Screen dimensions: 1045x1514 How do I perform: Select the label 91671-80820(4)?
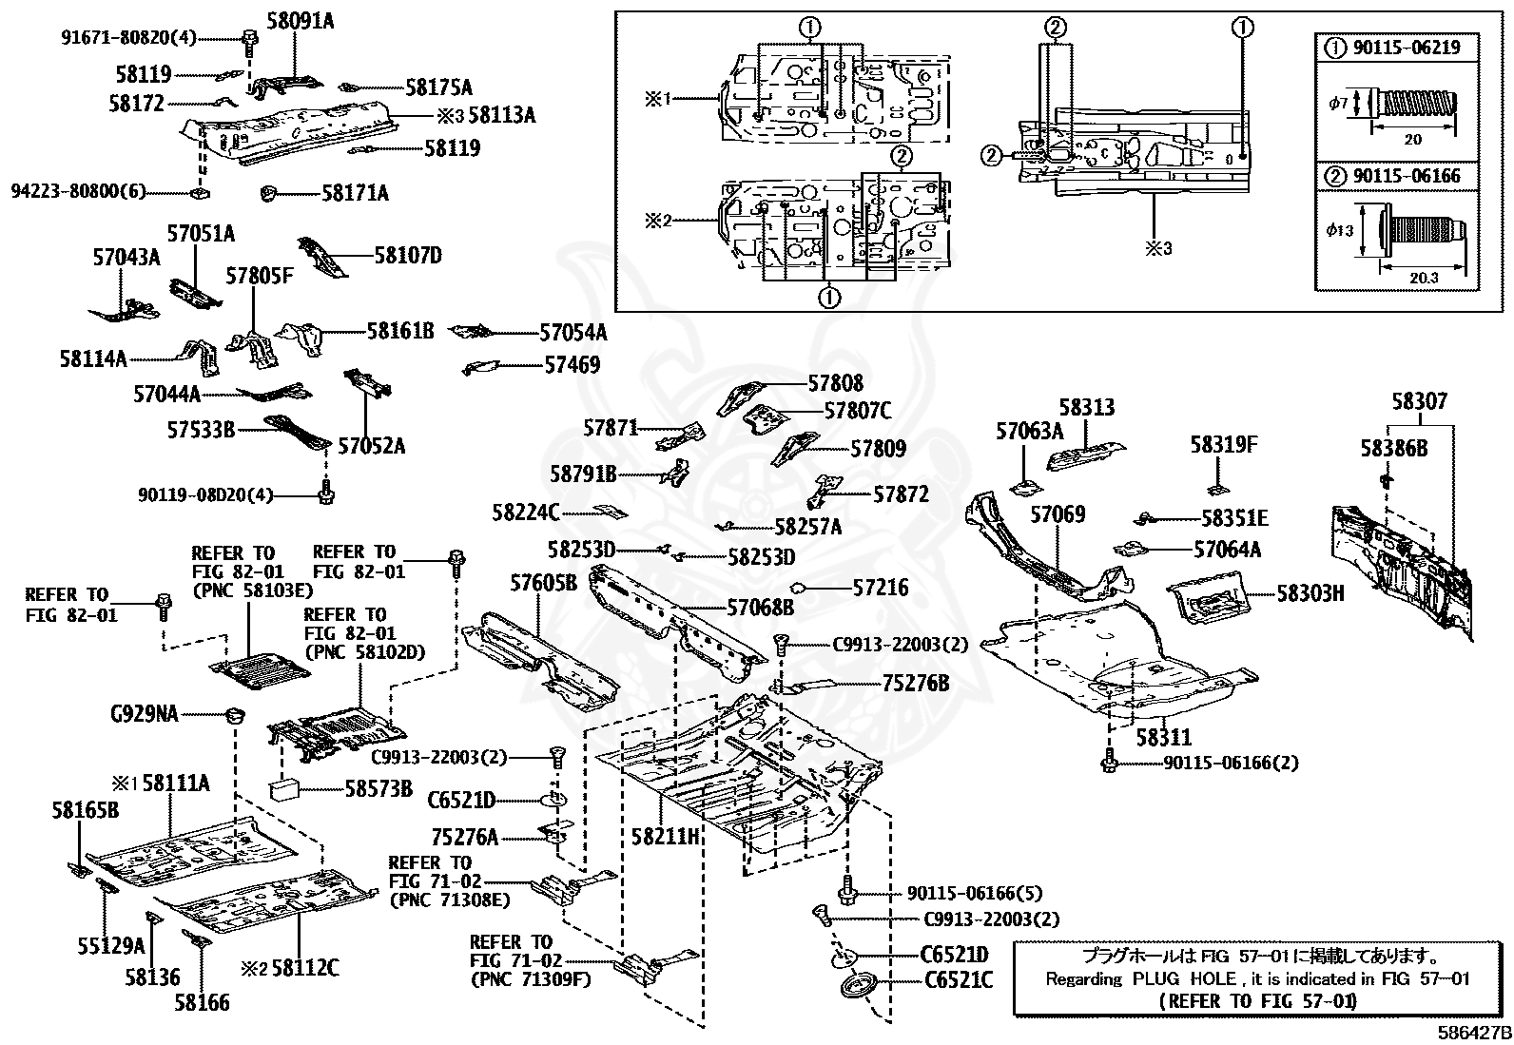pyautogui.click(x=128, y=38)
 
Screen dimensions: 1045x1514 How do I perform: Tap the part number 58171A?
pyautogui.click(x=355, y=194)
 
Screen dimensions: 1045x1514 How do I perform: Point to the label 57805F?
pyautogui.click(x=260, y=277)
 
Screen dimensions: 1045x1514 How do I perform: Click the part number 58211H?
pyautogui.click(x=666, y=837)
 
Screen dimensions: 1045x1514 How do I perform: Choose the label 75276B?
pyautogui.click(x=915, y=683)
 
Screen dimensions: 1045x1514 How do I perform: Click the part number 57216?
pyautogui.click(x=880, y=588)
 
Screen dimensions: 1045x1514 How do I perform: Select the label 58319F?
pyautogui.click(x=1224, y=444)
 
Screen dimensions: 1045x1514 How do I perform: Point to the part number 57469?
pyautogui.click(x=572, y=364)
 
